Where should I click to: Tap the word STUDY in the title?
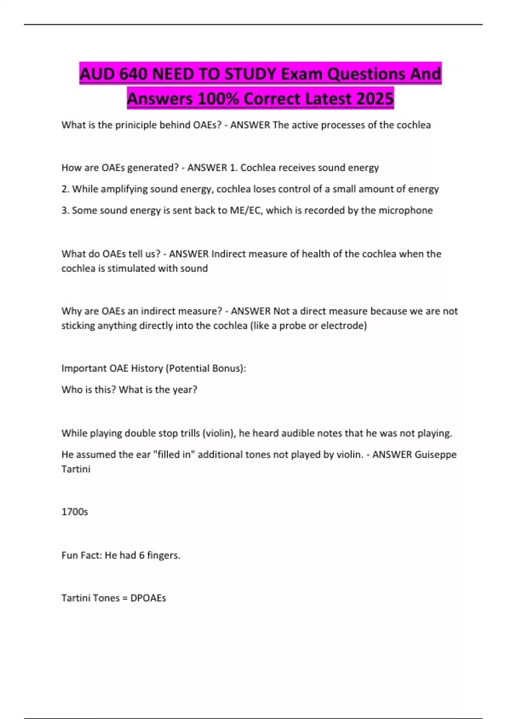(250, 74)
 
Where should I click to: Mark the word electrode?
(343, 326)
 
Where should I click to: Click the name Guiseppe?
(436, 455)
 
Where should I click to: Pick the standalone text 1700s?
(75, 512)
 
